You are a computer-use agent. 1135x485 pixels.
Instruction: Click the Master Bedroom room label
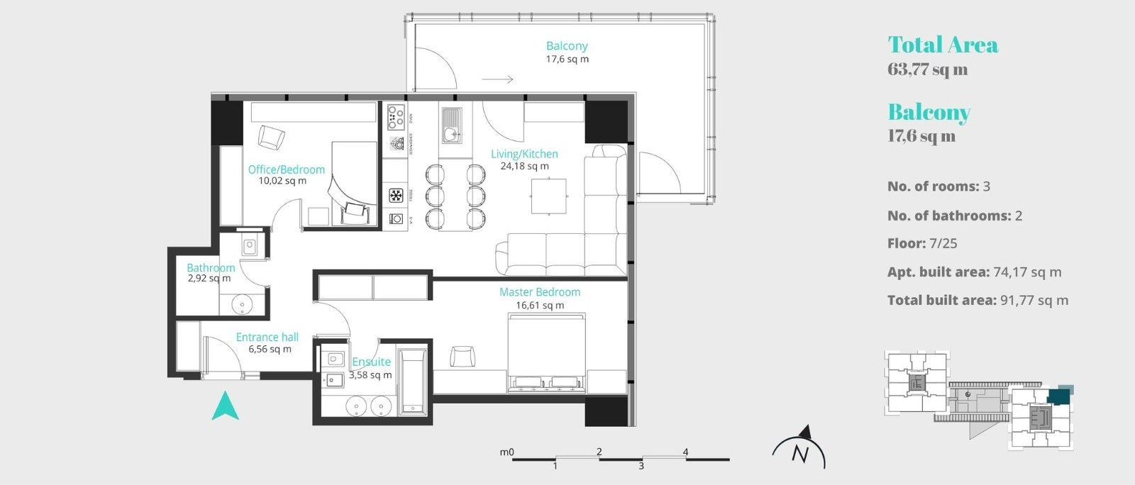click(x=539, y=292)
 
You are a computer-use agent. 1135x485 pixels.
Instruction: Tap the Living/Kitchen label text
click(x=524, y=154)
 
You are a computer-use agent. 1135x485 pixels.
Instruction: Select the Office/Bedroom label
click(x=286, y=169)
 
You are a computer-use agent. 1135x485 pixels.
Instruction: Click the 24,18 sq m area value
click(x=524, y=167)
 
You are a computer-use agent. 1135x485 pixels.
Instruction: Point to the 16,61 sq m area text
click(x=540, y=306)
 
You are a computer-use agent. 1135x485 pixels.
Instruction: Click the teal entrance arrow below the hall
click(x=226, y=406)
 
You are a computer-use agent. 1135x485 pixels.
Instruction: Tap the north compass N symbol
click(x=801, y=453)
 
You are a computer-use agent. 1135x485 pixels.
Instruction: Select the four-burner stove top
click(x=396, y=117)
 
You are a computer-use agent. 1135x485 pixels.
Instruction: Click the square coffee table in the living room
click(x=549, y=196)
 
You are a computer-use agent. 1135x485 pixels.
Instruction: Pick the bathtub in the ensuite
click(x=412, y=381)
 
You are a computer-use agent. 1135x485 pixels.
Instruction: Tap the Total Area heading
click(x=943, y=45)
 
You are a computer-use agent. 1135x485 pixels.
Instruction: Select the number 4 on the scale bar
click(x=685, y=452)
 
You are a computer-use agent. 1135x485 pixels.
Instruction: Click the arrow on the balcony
click(x=497, y=79)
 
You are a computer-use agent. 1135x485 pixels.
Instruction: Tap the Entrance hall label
click(x=267, y=338)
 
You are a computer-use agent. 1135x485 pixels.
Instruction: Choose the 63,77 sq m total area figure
click(x=927, y=69)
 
